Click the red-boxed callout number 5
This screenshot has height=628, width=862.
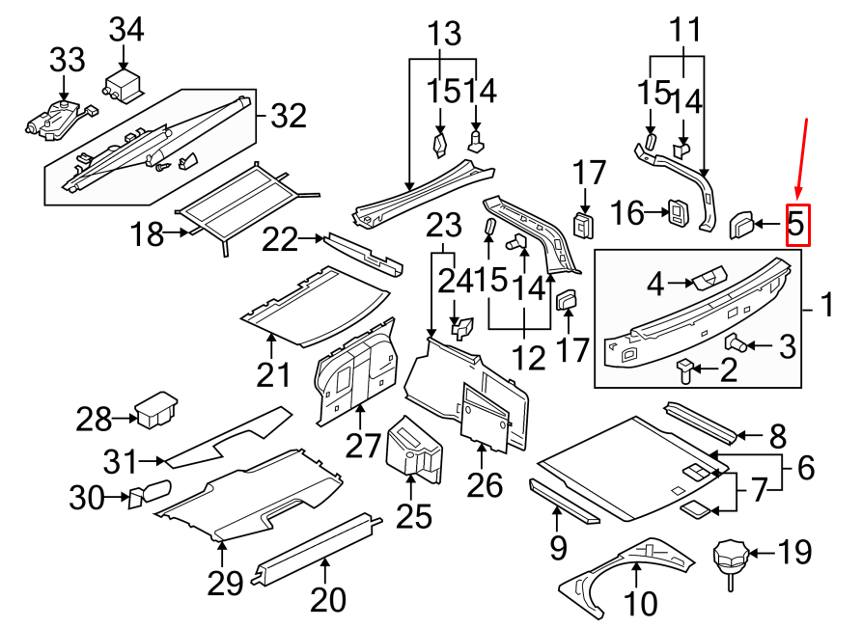coord(796,225)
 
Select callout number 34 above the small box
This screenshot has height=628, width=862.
coord(125,31)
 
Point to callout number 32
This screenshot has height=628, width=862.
coord(287,117)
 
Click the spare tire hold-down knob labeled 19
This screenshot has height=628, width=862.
coord(731,558)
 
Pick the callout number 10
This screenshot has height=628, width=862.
coord(640,603)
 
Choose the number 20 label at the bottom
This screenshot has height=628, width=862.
coord(328,599)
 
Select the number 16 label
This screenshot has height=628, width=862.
coord(627,213)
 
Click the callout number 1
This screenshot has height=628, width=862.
coord(825,308)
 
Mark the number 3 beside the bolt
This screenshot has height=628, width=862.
coord(788,345)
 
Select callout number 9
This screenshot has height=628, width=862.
coord(558,549)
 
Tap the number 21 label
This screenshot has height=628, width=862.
coord(273,373)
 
